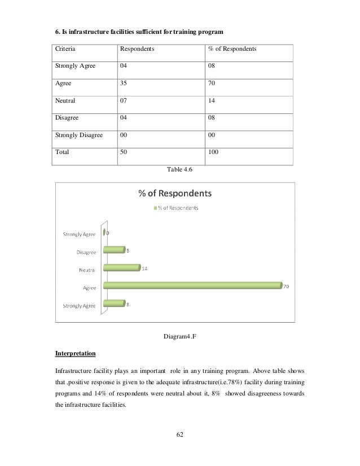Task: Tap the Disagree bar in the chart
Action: [113, 249]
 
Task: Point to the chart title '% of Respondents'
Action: [175, 194]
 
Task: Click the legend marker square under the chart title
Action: [156, 207]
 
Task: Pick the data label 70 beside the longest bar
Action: [286, 287]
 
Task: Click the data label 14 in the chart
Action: [144, 269]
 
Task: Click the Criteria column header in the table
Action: [65, 50]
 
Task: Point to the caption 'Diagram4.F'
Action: [179, 337]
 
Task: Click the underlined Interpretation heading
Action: [75, 354]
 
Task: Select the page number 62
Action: [179, 435]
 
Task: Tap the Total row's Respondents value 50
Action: [124, 152]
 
